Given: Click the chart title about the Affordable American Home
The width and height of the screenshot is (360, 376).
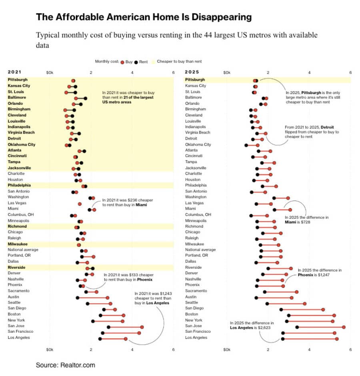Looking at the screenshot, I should pos(144,17).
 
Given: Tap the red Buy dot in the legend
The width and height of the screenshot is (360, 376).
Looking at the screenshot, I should pos(122,62).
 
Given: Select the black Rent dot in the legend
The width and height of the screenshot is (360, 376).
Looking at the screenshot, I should pos(136,62).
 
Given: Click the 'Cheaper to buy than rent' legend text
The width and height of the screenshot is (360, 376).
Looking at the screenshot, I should pos(179,62).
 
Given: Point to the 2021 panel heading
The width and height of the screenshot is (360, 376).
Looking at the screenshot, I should pos(14,72).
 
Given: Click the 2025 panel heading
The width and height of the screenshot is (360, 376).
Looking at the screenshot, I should pos(192,72).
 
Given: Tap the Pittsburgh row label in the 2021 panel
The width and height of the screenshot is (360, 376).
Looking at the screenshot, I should pos(18,80).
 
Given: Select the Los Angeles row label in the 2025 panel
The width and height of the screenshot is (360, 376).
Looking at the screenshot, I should pos(196,338).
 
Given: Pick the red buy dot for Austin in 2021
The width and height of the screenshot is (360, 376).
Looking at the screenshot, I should pos(107,298).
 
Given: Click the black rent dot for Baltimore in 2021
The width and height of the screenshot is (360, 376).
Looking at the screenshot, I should pos(85,98).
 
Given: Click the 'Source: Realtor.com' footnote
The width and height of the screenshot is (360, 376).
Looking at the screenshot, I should pos(66,365).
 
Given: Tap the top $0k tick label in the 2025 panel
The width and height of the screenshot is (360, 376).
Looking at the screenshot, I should pos(227,72).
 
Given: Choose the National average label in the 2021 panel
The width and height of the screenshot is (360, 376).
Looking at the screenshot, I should pos(23,250).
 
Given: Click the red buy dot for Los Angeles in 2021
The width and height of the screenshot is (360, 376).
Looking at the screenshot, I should pos(126,339).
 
